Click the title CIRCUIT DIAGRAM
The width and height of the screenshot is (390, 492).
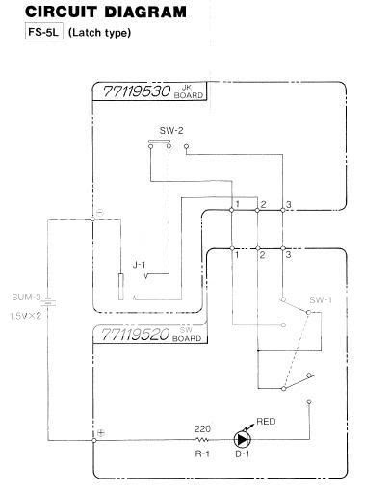[x=106, y=12]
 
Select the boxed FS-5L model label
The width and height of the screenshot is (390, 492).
[x=44, y=32]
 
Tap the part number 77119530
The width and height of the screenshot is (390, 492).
[x=137, y=91]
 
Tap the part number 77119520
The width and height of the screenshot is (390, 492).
[x=135, y=334]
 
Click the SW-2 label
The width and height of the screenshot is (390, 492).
[x=171, y=131]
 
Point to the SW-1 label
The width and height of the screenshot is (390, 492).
[x=321, y=300]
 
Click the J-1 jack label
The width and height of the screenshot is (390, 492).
[x=139, y=265]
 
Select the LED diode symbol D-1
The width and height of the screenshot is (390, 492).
[x=243, y=439]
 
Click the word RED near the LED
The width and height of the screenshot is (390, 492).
[x=266, y=422]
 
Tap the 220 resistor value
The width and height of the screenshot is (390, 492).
[x=202, y=428]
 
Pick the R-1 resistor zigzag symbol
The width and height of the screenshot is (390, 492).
[x=202, y=440]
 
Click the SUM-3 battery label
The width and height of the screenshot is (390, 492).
[x=26, y=297]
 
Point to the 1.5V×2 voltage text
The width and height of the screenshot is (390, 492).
[x=26, y=316]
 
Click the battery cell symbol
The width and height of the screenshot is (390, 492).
[x=48, y=302]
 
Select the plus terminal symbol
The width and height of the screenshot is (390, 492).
[x=101, y=433]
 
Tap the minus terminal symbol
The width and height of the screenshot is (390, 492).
[x=100, y=212]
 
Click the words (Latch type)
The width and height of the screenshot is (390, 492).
[x=99, y=33]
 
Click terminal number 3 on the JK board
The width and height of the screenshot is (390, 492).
[x=289, y=204]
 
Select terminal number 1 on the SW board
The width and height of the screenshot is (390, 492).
[x=237, y=255]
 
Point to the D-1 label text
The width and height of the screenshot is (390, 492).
[x=243, y=454]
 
